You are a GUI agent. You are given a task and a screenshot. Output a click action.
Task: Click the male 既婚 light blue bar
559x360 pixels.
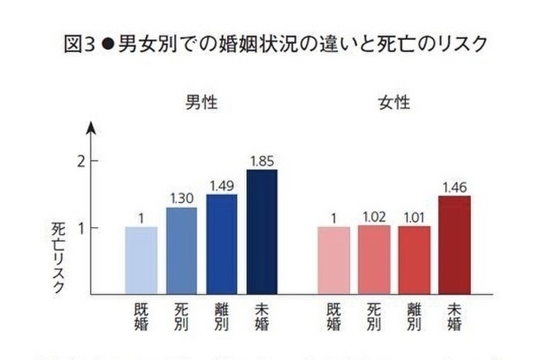[x=141, y=259]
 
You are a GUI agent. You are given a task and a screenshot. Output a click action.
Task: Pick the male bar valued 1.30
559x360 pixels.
[x=181, y=250]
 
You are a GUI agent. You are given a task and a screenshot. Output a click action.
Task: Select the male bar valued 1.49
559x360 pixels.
[x=222, y=244]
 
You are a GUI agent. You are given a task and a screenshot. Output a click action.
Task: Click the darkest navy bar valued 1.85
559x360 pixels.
[x=261, y=231]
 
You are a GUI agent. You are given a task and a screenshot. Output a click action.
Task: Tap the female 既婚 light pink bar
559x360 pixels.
[x=334, y=259]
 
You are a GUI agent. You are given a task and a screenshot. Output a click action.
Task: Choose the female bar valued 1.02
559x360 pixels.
[x=374, y=259]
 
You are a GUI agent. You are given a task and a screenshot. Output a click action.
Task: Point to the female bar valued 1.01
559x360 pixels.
[x=414, y=259]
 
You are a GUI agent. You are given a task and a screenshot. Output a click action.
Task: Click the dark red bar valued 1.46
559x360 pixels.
[x=454, y=245]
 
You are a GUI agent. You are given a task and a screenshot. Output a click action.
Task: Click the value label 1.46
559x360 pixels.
[x=454, y=187]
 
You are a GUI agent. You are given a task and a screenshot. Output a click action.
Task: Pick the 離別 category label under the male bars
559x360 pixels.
[x=222, y=316]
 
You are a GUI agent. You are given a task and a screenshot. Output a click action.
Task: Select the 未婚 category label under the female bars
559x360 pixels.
[x=454, y=316]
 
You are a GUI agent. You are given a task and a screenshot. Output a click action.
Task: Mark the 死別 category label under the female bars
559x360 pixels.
[x=374, y=316]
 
